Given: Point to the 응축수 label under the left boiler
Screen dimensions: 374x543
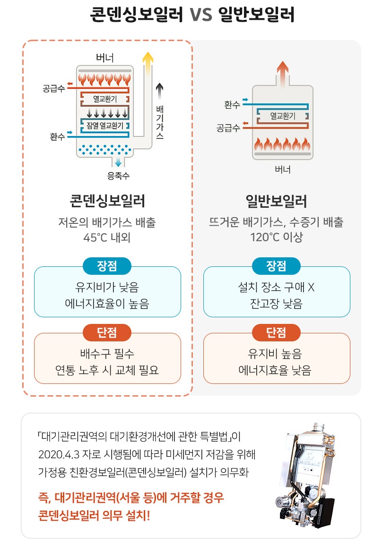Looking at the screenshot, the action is (118, 177).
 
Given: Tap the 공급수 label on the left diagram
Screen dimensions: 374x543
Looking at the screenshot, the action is (53, 88).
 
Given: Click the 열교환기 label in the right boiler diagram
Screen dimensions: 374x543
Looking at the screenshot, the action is (282, 115).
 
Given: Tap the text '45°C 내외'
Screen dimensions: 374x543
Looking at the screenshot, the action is (107, 237).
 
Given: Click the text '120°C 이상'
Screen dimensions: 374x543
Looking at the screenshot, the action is (277, 237).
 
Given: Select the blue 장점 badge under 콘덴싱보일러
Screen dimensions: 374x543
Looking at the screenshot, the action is (107, 266).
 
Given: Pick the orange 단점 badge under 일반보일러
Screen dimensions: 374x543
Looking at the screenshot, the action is (277, 332).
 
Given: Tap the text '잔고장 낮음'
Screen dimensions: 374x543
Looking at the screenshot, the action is (277, 303).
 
